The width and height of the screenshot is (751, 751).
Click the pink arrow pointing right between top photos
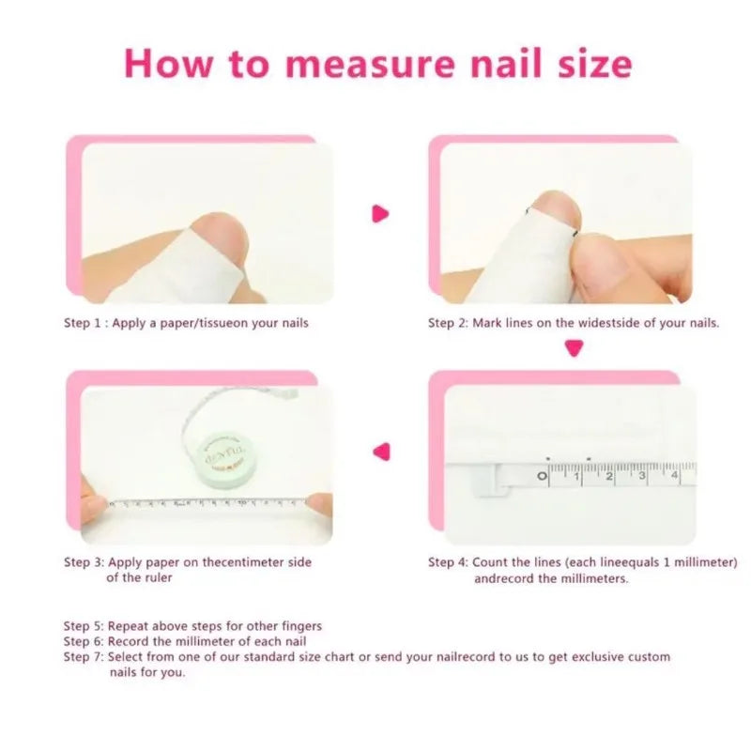380,214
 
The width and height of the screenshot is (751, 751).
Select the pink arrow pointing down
573,349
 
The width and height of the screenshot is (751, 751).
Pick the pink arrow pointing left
380,452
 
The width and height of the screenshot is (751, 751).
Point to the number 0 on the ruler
543,477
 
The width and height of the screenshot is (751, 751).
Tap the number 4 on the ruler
675,477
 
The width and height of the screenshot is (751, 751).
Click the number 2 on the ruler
609,477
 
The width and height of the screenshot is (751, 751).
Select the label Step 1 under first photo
83,323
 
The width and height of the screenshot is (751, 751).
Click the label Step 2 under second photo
448,323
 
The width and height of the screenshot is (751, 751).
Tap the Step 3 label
83,562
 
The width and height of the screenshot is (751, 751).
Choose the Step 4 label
448,562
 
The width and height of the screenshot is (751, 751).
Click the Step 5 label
83,625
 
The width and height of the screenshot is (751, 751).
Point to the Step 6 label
83,641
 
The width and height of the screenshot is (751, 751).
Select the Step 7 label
83,657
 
